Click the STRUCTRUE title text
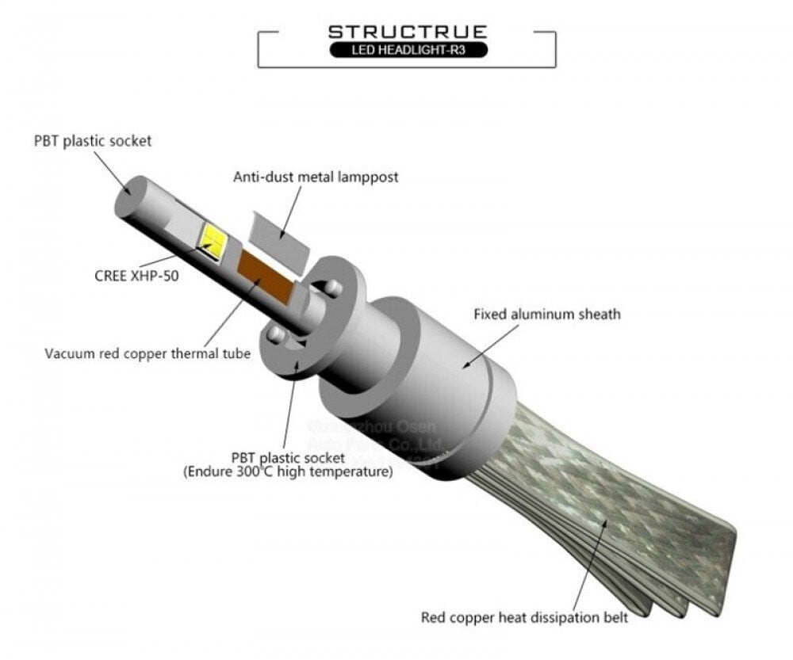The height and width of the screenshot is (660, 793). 407,32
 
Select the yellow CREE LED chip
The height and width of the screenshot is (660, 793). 213,236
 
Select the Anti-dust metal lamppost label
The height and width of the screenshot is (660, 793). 316,177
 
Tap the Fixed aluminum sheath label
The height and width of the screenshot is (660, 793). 547,315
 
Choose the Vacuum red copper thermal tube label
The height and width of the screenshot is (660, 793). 147,353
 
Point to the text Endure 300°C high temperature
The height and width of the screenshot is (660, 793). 289,473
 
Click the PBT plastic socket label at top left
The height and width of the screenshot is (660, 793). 92,141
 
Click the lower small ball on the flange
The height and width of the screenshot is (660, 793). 274,336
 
